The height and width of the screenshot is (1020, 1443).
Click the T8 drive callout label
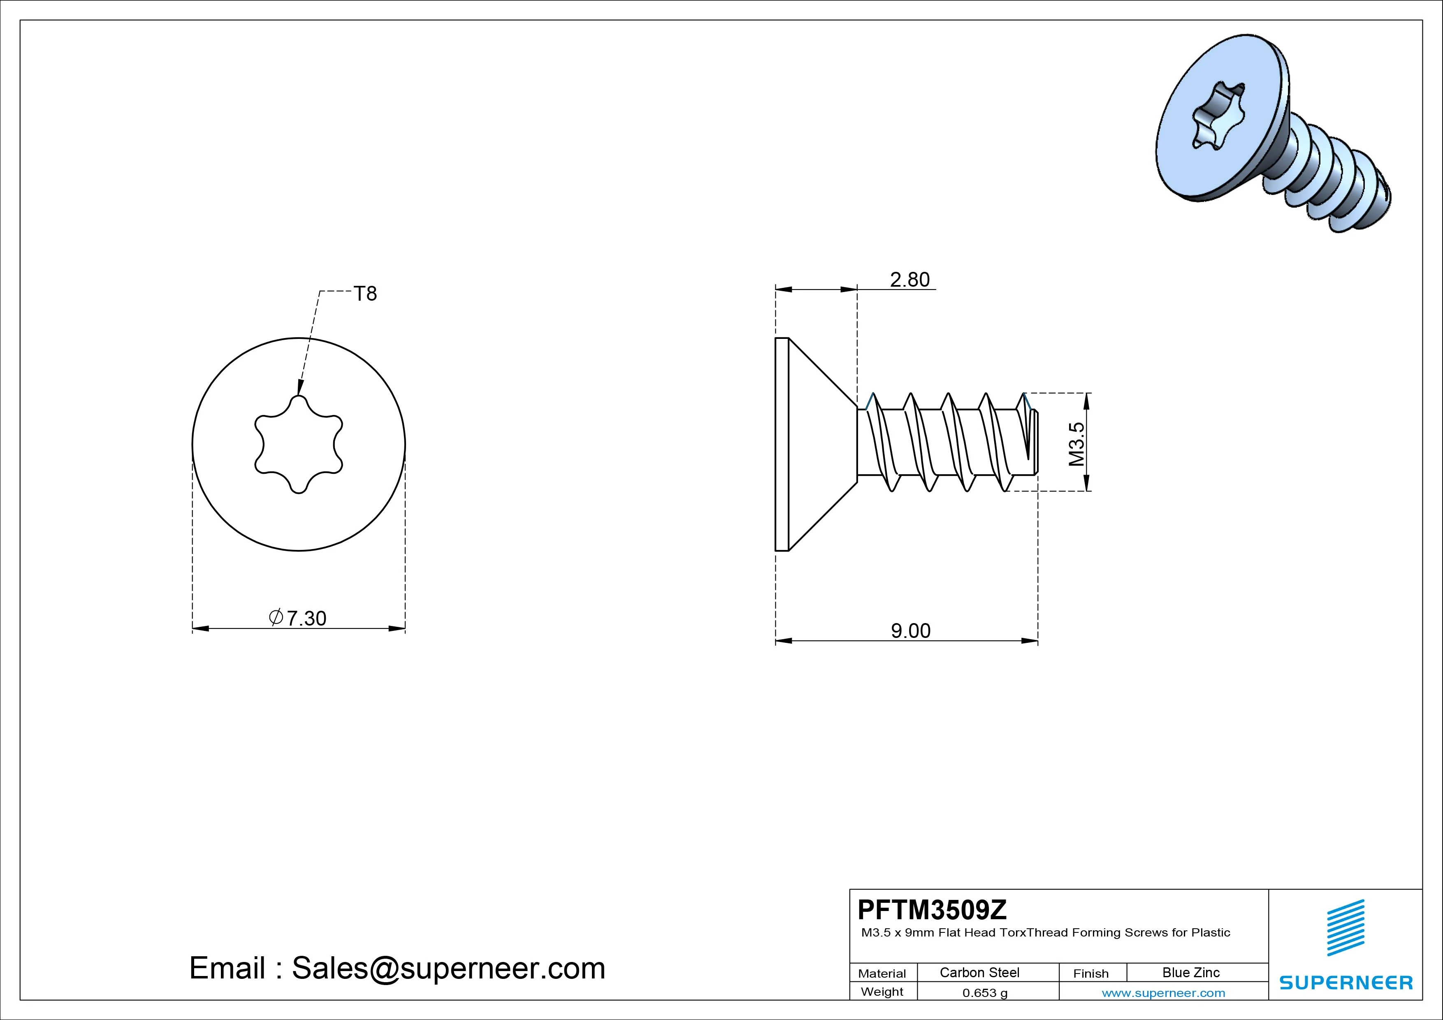[365, 294]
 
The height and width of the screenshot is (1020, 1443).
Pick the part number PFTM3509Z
[932, 909]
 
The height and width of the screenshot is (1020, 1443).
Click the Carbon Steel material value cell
[979, 972]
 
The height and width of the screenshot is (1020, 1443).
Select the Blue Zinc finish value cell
[1191, 972]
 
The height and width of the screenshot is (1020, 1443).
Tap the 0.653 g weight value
[985, 993]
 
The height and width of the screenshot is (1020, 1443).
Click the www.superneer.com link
[1163, 993]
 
